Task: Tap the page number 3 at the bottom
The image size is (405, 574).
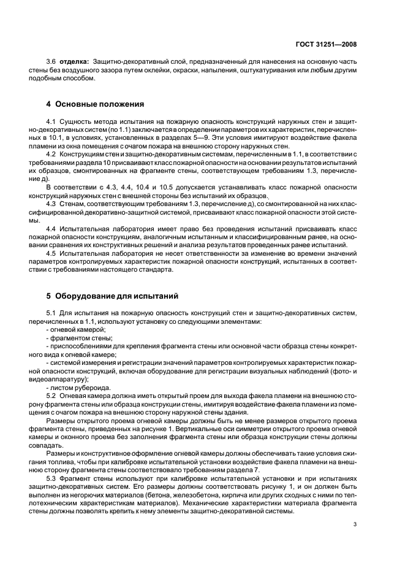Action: coord(355,524)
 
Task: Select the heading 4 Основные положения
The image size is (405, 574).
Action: coord(95,104)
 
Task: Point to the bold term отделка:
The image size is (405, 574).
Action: coord(74,62)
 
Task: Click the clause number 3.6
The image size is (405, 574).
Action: coord(51,62)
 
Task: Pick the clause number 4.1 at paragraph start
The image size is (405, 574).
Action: coord(51,123)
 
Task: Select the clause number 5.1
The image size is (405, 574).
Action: coord(51,314)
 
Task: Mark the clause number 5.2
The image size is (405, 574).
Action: coord(51,396)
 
